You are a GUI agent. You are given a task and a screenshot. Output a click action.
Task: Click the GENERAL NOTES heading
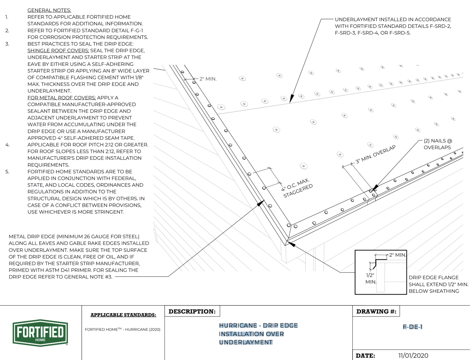click(x=49, y=10)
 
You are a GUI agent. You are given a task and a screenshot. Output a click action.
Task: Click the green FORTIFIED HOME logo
click(x=40, y=333)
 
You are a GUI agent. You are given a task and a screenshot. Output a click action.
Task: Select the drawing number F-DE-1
click(x=412, y=327)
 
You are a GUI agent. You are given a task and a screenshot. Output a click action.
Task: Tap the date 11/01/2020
click(x=413, y=355)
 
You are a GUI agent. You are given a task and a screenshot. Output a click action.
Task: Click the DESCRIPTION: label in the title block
click(x=192, y=311)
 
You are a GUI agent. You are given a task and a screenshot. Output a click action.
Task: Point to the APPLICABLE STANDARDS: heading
click(x=123, y=315)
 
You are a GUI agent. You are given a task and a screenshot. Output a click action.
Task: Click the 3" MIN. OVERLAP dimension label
click(x=375, y=154)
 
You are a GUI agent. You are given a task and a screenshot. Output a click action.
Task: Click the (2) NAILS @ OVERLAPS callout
click(x=438, y=144)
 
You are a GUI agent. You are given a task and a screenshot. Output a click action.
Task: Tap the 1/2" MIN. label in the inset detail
click(x=371, y=278)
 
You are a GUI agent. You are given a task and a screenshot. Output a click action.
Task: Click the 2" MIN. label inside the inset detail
click(x=397, y=255)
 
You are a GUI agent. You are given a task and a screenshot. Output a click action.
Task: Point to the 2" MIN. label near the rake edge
click(x=208, y=79)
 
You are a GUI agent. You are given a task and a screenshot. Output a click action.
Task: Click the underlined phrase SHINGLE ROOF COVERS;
click(x=58, y=50)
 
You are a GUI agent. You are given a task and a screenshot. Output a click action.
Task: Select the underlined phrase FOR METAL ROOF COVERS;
click(x=62, y=98)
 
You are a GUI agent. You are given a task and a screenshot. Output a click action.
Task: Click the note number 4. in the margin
click(x=7, y=145)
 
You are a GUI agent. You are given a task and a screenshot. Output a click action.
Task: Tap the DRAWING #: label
click(x=376, y=311)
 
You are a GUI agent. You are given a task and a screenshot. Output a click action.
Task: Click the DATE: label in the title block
click(x=365, y=355)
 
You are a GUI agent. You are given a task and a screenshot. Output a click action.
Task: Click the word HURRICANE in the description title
click(x=238, y=325)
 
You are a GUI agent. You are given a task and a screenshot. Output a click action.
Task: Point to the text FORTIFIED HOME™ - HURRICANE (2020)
click(x=122, y=329)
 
